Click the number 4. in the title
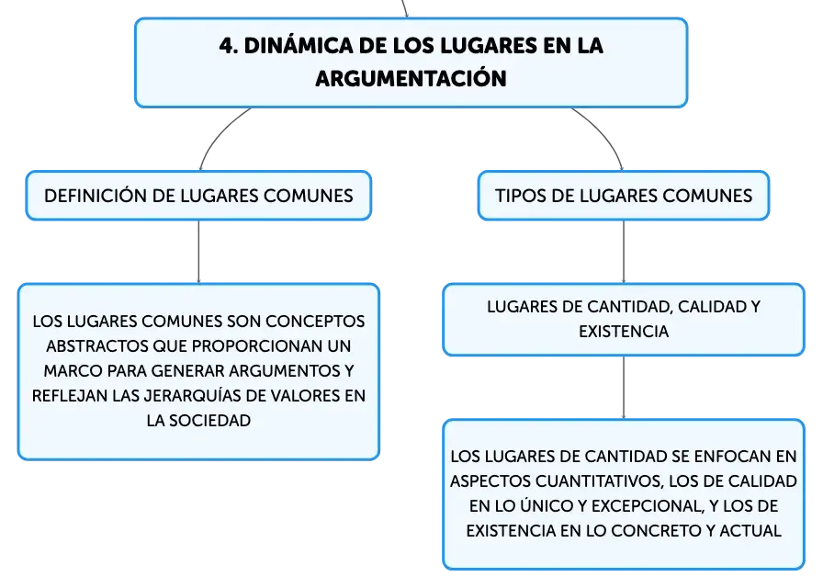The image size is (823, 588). point(229,46)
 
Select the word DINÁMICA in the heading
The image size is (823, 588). point(299,46)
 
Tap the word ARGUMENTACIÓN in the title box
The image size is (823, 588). point(411,79)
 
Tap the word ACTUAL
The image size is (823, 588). point(750,530)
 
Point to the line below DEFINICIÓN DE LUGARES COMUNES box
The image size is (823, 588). point(198,252)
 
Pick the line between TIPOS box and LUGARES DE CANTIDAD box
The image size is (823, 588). point(624,252)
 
